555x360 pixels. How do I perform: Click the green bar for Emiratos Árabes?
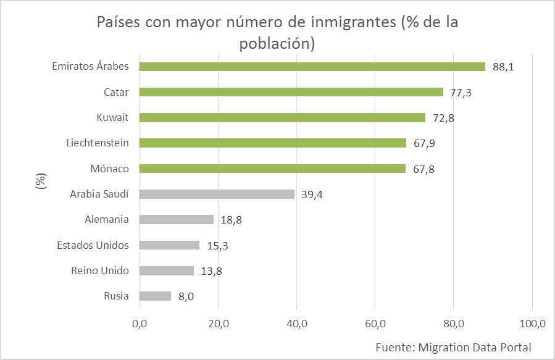tap(312, 67)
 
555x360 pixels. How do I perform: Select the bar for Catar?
tap(291, 92)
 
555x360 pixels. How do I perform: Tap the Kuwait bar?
tap(282, 117)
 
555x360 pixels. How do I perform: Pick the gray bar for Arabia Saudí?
tap(217, 194)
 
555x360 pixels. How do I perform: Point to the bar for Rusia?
tap(155, 296)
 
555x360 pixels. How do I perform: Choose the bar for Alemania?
tap(176, 219)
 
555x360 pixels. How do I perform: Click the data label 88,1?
tap(503, 67)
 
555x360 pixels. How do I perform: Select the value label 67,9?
tap(424, 143)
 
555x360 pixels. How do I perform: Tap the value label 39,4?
tap(312, 195)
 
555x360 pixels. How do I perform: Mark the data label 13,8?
tap(212, 271)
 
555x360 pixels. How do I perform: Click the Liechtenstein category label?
tap(98, 143)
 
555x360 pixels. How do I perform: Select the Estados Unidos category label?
tap(93, 245)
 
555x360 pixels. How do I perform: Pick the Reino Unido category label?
tap(100, 270)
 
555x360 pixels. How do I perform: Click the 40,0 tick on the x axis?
tap(296, 324)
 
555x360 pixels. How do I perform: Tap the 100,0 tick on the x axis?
tap(532, 324)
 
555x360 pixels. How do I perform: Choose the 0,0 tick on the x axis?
tap(139, 324)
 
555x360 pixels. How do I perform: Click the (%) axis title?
tap(41, 182)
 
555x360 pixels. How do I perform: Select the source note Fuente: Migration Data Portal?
tap(453, 346)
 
